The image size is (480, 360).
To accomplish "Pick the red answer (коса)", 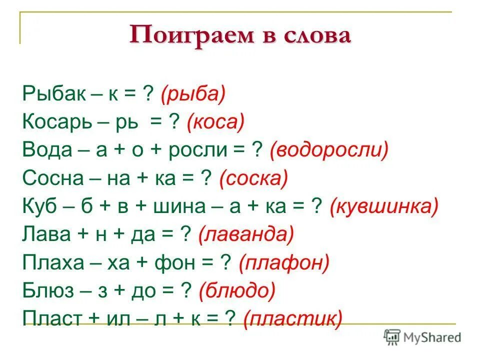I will coord(215,122).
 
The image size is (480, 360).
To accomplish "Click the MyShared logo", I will coord(422,336).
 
